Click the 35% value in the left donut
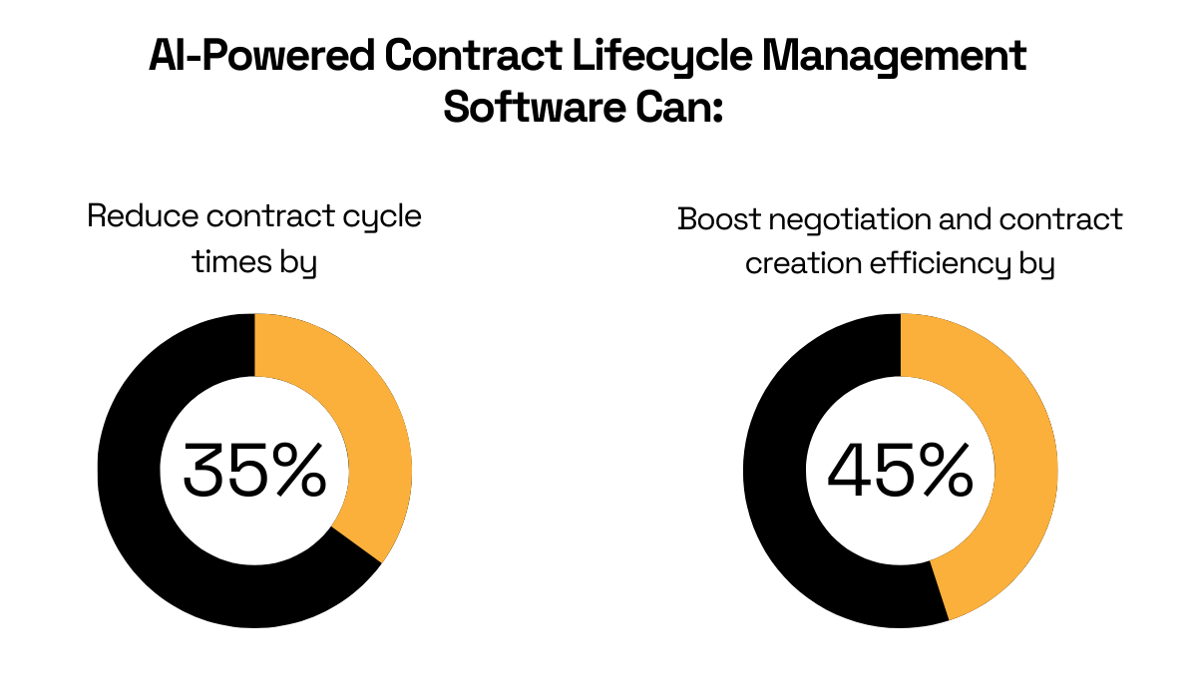[x=254, y=471]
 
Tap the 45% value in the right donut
[x=900, y=471]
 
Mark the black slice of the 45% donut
[x=788, y=499]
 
